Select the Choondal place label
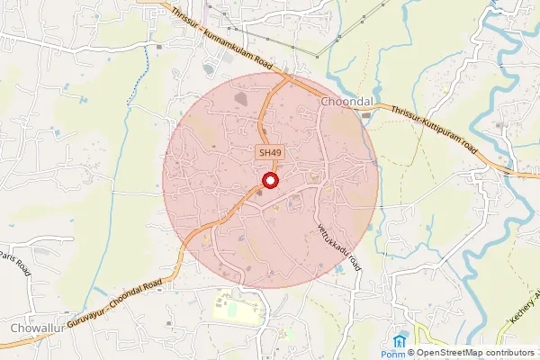click(346, 103)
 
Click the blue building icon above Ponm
click(400, 341)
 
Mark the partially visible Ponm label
click(394, 354)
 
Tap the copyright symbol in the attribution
click(409, 353)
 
